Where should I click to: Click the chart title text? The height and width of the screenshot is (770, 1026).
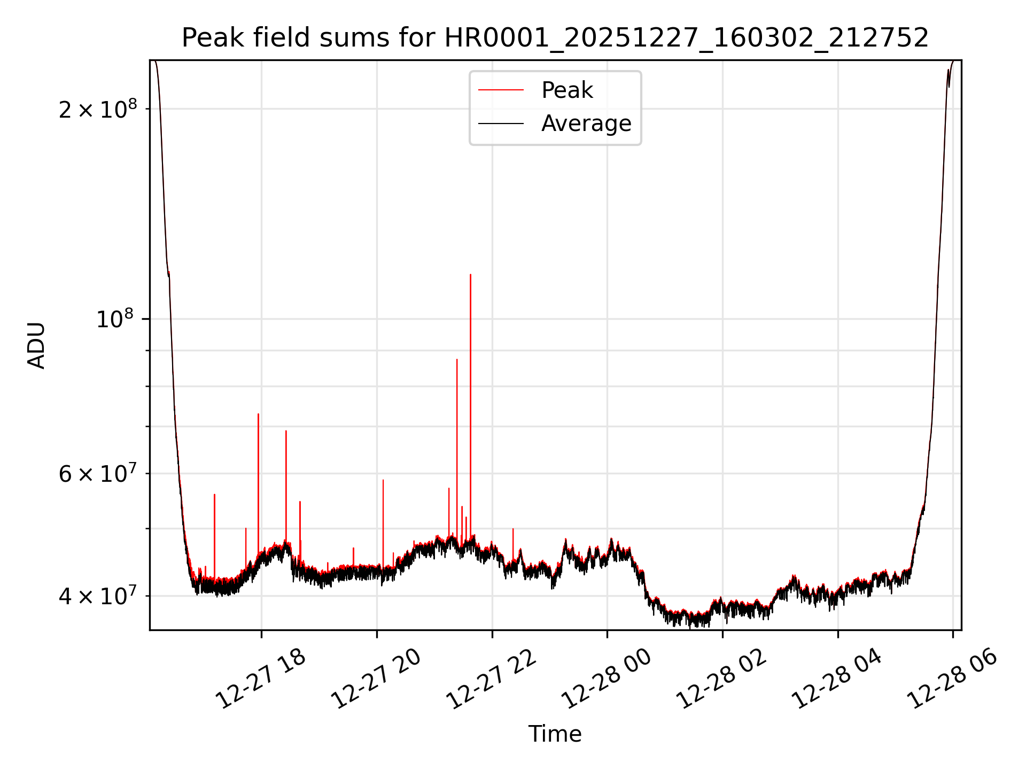pos(555,38)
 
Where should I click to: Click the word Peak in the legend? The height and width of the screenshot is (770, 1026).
pos(567,90)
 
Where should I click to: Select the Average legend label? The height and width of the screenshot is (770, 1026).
pos(586,124)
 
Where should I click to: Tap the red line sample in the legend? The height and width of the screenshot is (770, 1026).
pos(501,90)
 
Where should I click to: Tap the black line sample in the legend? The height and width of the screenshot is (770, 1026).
pos(501,124)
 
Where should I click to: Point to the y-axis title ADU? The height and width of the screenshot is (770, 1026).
pos(36,345)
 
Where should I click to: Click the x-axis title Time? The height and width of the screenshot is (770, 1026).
pos(555,734)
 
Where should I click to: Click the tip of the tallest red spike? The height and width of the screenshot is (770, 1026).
pos(470,275)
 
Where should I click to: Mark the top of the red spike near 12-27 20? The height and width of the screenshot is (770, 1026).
pos(383,480)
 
